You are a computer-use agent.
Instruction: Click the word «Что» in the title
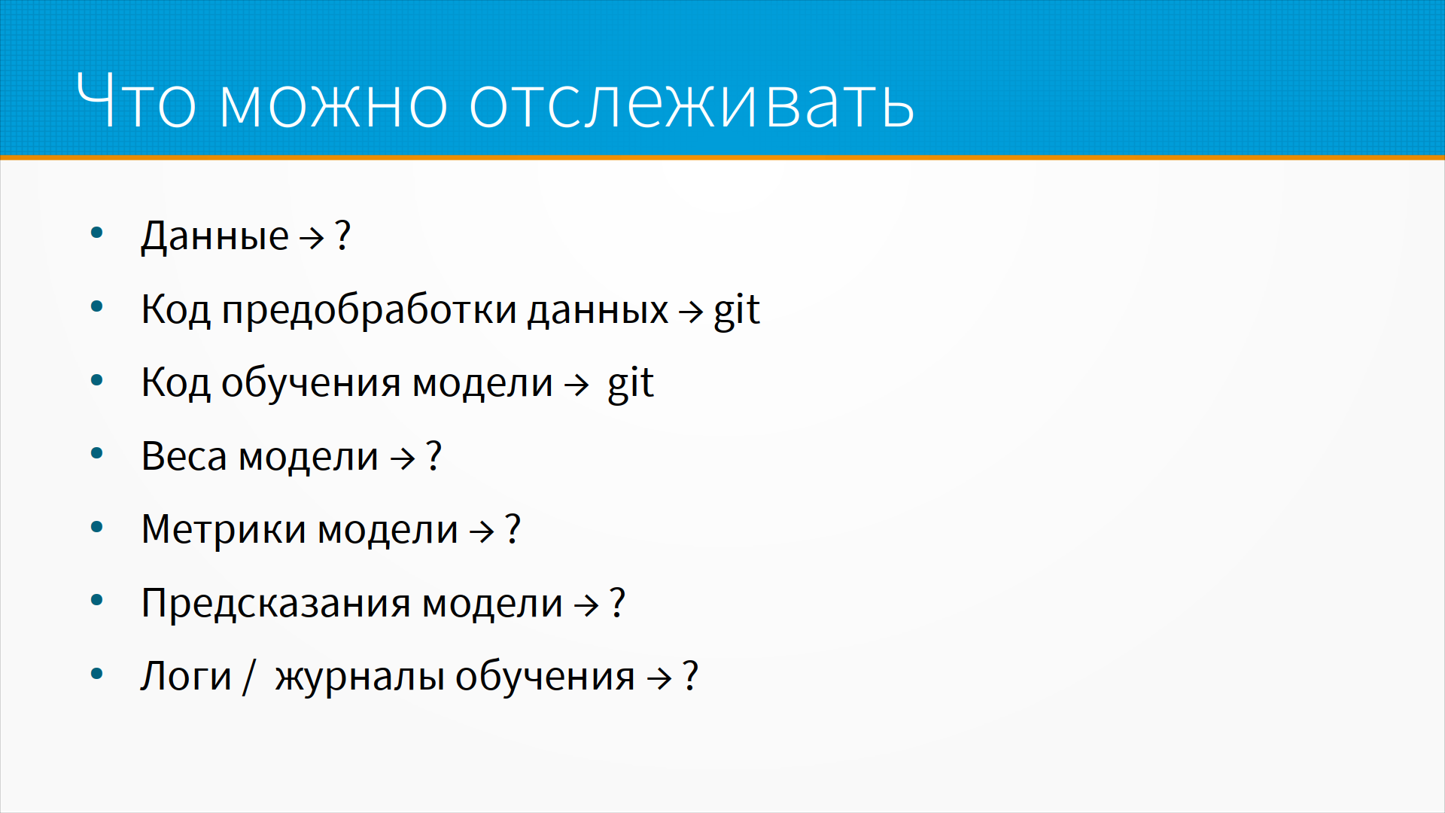(x=136, y=101)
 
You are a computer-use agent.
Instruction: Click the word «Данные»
(x=214, y=236)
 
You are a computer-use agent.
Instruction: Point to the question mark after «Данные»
(x=342, y=235)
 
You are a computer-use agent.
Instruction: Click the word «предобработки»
(x=370, y=309)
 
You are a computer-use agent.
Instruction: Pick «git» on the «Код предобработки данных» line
(x=737, y=310)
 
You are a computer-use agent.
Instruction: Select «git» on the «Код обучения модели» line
(x=631, y=383)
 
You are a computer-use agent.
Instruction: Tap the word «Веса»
(x=184, y=456)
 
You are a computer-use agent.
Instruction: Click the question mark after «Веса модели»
(x=433, y=455)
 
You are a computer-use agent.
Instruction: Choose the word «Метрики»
(x=224, y=529)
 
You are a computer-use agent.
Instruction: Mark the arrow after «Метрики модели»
(x=482, y=531)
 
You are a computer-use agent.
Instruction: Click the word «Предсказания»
(x=275, y=603)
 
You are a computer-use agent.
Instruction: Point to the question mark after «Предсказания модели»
(x=617, y=602)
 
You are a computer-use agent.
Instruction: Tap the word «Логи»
(x=186, y=676)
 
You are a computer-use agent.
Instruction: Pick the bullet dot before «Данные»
(x=96, y=233)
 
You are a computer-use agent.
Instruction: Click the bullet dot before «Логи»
(x=96, y=674)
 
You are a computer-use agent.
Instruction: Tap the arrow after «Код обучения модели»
(x=576, y=385)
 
